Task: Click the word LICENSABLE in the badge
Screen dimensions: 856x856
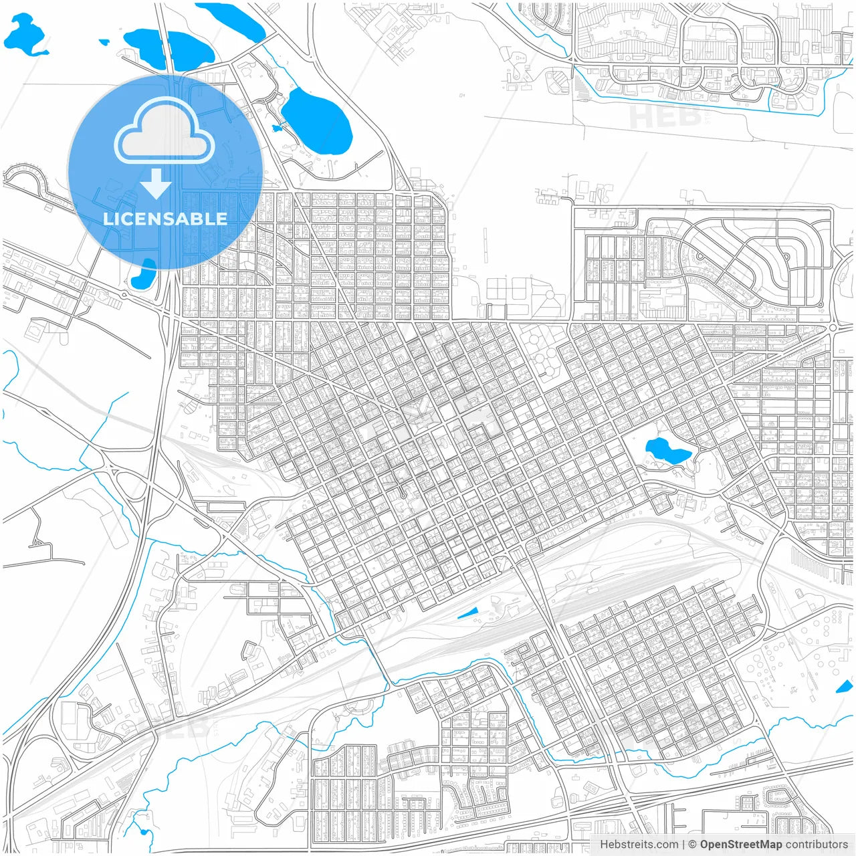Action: coord(165,219)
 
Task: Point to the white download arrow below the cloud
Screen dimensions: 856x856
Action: coord(156,184)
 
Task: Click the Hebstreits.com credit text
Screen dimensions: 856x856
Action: coord(639,845)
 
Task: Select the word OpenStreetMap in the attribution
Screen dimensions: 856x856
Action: coord(740,845)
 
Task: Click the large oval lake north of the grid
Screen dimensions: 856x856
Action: coord(317,121)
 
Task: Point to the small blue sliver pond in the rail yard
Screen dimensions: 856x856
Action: coord(468,613)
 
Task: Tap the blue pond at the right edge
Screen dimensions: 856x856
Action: coord(845,686)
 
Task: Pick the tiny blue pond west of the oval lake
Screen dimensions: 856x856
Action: coord(276,128)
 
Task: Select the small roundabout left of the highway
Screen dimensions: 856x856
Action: coord(124,294)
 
